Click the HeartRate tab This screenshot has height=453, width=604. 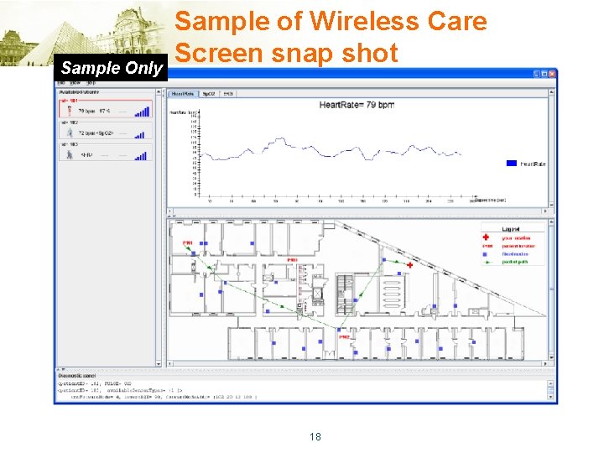tap(181, 94)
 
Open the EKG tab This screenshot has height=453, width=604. tap(226, 94)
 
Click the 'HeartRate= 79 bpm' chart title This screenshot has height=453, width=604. tap(357, 105)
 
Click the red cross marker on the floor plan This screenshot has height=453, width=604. tap(410, 265)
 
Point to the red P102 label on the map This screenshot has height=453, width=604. tap(345, 336)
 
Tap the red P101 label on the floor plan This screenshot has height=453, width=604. tap(188, 243)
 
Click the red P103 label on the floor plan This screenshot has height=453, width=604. tap(293, 261)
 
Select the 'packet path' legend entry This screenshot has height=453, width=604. tap(517, 263)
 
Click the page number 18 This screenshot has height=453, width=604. tap(315, 436)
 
